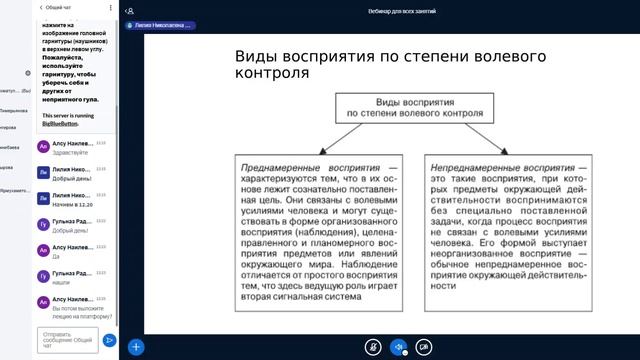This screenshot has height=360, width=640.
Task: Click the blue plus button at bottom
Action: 136,347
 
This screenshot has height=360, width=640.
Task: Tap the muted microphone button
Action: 372,347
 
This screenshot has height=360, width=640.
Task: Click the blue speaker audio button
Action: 398,347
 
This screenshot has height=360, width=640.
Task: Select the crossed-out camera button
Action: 424,347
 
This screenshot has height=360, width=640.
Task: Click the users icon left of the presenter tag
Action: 130,12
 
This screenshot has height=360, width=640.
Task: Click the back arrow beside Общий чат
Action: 41,6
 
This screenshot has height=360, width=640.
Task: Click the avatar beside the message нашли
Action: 42,276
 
